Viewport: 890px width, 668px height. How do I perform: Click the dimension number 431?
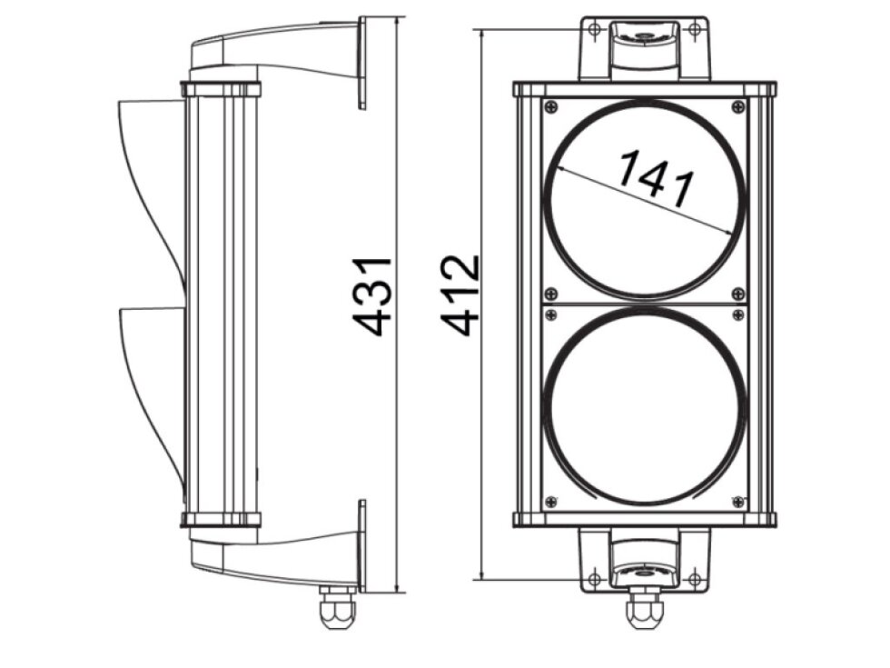coord(373,296)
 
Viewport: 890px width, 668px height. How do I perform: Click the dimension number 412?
coord(461,296)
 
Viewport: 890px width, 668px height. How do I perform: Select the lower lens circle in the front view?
coord(644,406)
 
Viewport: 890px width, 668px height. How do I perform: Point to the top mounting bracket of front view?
coord(644,45)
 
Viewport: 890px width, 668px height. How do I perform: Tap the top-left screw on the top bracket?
coord(593,29)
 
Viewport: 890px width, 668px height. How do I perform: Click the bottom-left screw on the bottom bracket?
coord(593,579)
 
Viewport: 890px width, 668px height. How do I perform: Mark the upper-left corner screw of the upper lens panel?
coord(550,107)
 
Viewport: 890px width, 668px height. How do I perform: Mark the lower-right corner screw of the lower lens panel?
coord(737,501)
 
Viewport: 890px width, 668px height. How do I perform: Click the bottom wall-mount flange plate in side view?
coord(362,545)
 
